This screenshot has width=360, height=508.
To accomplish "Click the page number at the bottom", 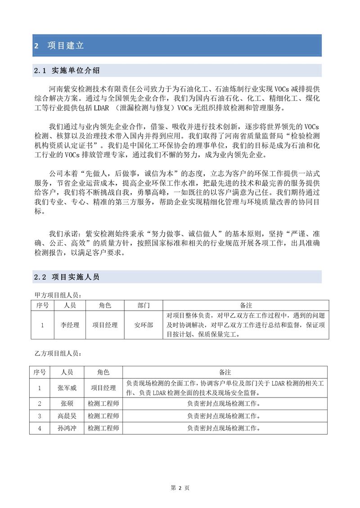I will pos(180,488).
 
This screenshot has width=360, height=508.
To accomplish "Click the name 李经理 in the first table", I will pos(70,325).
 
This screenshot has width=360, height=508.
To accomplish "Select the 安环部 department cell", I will pos(144,325).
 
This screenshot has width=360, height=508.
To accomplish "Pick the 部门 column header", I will pos(144,305).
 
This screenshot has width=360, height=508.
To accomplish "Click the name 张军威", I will pos(67,388).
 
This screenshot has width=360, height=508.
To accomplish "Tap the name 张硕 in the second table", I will pos(67,403).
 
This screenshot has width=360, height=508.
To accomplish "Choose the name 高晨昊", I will pos(67,416).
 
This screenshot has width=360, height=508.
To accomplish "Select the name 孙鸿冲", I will pos(67,428).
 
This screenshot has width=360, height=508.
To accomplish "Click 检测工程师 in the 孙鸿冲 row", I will pos(103,428).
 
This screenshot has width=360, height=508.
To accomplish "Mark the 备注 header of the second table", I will pos(225,372).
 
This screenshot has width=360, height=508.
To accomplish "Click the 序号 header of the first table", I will pos(42,305).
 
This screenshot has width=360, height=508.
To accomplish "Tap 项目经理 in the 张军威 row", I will pos(103,388).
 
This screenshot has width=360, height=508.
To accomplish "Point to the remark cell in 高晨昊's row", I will pos(224,416).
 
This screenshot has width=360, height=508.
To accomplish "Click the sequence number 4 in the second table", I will pos(40,428).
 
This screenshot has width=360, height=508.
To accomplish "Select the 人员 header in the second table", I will pos(67,372).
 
